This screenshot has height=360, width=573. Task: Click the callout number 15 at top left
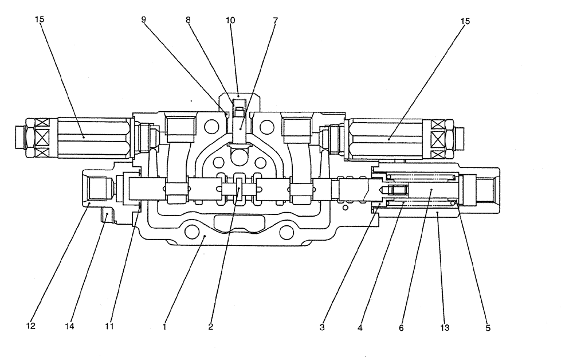39,19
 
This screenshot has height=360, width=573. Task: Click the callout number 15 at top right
465,21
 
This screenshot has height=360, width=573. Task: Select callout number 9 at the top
143,19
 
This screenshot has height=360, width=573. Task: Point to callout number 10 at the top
230,19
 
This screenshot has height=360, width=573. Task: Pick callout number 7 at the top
276,19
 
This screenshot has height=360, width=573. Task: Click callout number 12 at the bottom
30,327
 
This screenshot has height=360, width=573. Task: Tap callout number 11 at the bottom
109,327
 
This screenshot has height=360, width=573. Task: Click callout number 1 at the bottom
164,327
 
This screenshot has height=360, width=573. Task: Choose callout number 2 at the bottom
211,327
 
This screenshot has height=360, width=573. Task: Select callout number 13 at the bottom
445,328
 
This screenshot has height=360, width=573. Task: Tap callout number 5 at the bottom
488,328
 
